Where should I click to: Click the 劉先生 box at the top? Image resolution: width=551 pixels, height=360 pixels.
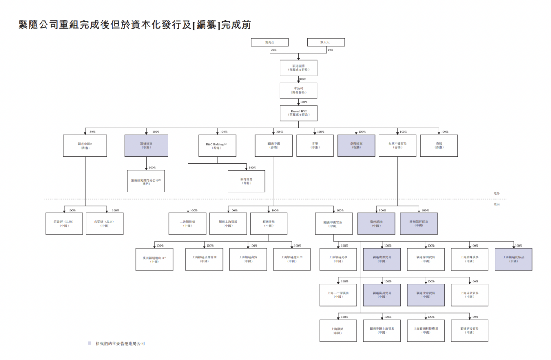pyautogui.click(x=270, y=43)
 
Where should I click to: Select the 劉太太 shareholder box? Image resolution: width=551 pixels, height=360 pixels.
pyautogui.click(x=326, y=43)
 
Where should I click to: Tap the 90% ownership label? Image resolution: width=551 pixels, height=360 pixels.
pyautogui.click(x=273, y=50)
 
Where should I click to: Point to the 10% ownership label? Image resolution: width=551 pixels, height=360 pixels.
pyautogui.click(x=330, y=50)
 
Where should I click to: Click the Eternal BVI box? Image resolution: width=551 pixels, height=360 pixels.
pyautogui.click(x=298, y=113)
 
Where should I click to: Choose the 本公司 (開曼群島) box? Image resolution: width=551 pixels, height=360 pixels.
pyautogui.click(x=298, y=90)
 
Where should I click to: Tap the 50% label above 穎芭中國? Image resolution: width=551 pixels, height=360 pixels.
pyautogui.click(x=92, y=132)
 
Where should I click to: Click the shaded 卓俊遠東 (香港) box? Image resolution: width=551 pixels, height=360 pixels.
pyautogui.click(x=356, y=145)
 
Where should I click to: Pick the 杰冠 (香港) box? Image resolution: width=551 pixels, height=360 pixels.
pyautogui.click(x=439, y=145)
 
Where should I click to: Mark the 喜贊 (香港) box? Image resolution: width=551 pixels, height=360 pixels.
pyautogui.click(x=315, y=145)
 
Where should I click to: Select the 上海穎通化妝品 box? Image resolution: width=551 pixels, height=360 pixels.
pyautogui.click(x=513, y=259)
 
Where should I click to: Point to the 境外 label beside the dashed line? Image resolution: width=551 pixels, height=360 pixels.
pyautogui.click(x=497, y=193)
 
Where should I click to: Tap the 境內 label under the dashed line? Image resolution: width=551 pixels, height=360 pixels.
pyautogui.click(x=497, y=204)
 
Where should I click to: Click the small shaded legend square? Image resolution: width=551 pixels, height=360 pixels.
pyautogui.click(x=89, y=343)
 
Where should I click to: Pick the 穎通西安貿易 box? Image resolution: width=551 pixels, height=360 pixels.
pyautogui.click(x=469, y=330)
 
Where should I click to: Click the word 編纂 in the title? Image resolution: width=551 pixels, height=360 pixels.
pyautogui.click(x=206, y=25)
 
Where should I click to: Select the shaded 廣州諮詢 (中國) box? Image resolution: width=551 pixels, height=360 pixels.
pyautogui.click(x=376, y=224)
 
